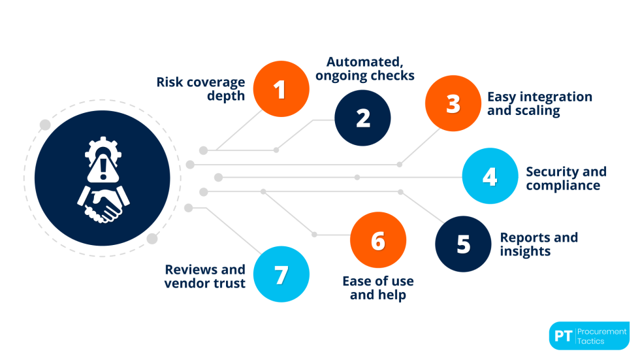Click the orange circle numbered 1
tap(281, 90)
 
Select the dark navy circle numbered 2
tap(362, 118)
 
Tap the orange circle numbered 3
tap(453, 104)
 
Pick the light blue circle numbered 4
tap(490, 176)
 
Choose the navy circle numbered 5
tap(463, 244)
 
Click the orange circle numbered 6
tap(378, 240)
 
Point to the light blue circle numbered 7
tap(281, 274)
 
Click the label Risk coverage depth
tap(200, 89)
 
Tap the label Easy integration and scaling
tap(539, 104)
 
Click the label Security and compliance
tap(566, 178)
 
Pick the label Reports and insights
tap(539, 244)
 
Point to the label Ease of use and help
tap(378, 288)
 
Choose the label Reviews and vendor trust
tap(205, 276)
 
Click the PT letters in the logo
tap(563, 336)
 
